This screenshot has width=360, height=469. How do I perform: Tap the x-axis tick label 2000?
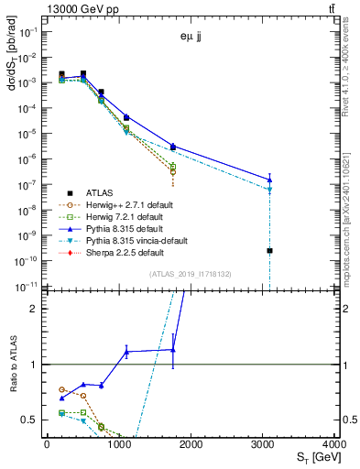[x=191, y=445]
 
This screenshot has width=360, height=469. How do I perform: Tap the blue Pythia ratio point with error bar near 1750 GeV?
[x=173, y=349]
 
